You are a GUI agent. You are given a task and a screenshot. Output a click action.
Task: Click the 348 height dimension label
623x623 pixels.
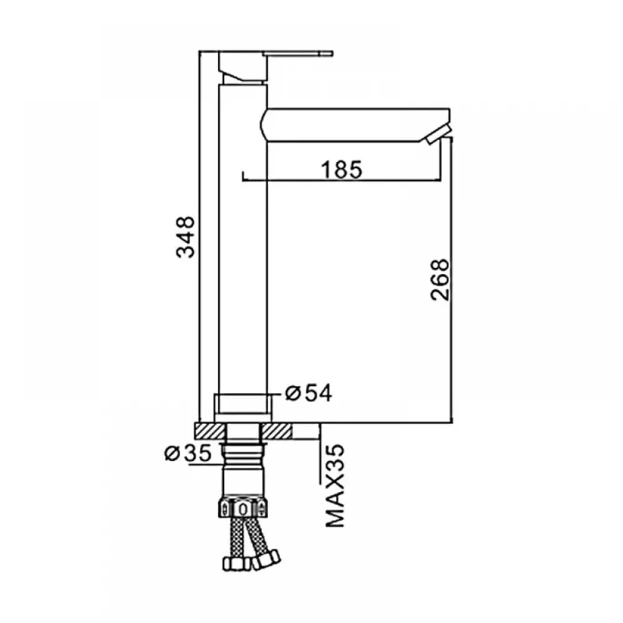click(x=185, y=237)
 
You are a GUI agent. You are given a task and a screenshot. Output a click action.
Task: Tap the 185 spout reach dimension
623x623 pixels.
click(x=341, y=169)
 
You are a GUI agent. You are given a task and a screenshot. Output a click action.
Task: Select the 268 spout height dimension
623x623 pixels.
click(x=439, y=280)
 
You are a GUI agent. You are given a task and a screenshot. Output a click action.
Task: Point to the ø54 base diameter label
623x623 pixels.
click(x=309, y=393)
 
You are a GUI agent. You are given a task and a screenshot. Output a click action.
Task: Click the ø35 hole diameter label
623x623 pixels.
click(x=188, y=453)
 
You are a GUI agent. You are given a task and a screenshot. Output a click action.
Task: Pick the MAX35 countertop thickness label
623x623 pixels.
click(x=335, y=486)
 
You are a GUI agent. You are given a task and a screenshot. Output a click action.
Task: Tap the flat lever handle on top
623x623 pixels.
click(x=298, y=53)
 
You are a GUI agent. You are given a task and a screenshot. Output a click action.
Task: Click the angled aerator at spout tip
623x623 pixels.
click(x=437, y=135)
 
